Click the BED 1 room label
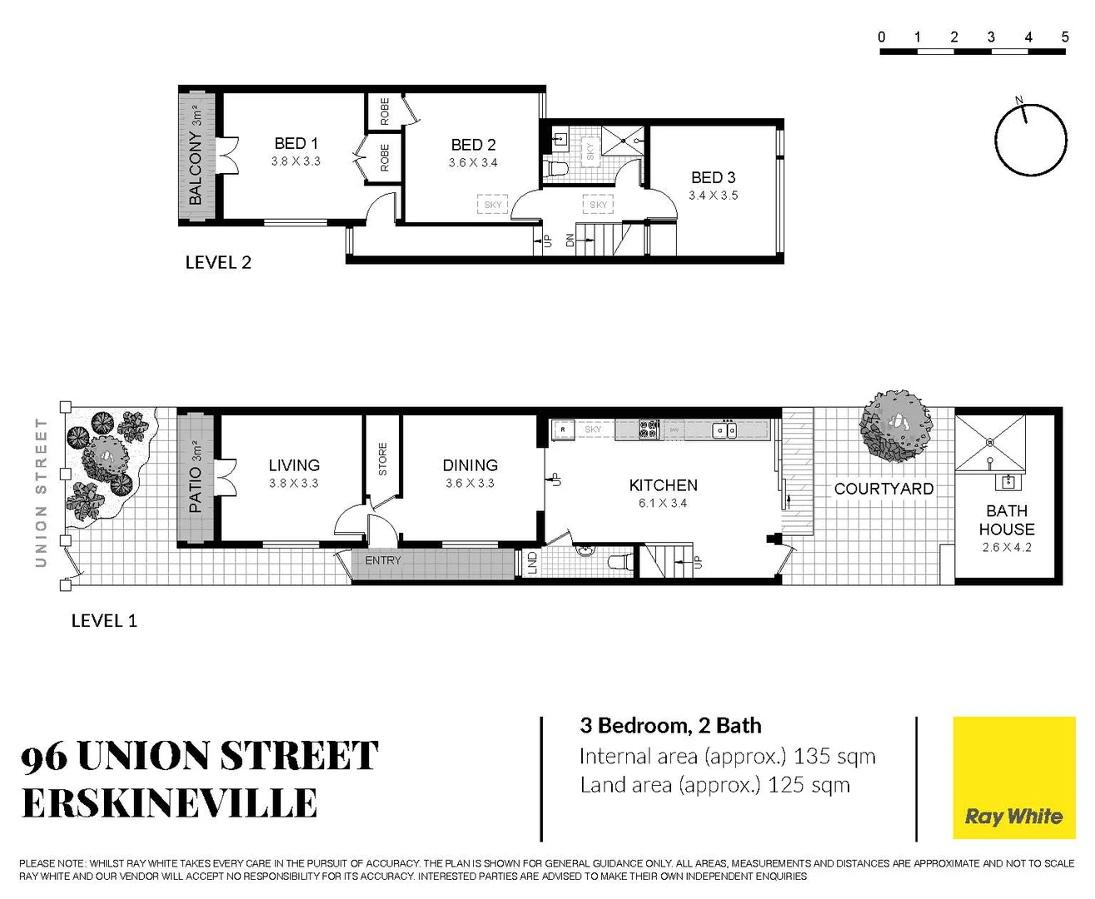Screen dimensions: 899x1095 tap(296, 144)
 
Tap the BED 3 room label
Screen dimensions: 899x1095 tap(713, 177)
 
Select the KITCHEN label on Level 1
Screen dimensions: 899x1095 tap(663, 485)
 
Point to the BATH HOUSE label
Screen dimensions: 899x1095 tap(1006, 520)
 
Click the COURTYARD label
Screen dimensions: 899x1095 tap(883, 489)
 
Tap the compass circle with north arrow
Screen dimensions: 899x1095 tap(1030, 140)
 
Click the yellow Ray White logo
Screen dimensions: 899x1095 tap(1013, 777)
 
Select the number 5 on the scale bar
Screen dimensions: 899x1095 tap(1064, 37)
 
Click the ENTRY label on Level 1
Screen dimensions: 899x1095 tap(383, 560)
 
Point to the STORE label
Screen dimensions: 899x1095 tap(383, 459)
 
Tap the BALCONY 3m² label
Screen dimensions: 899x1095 tap(196, 156)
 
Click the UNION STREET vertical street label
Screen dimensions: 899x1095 tap(40, 493)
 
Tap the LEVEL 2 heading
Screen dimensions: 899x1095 tap(218, 262)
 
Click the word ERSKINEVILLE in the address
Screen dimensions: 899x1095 tap(170, 803)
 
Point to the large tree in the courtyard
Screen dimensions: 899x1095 tap(896, 425)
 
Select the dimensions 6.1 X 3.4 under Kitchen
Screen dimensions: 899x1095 tap(663, 504)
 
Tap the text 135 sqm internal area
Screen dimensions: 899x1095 tap(834, 756)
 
